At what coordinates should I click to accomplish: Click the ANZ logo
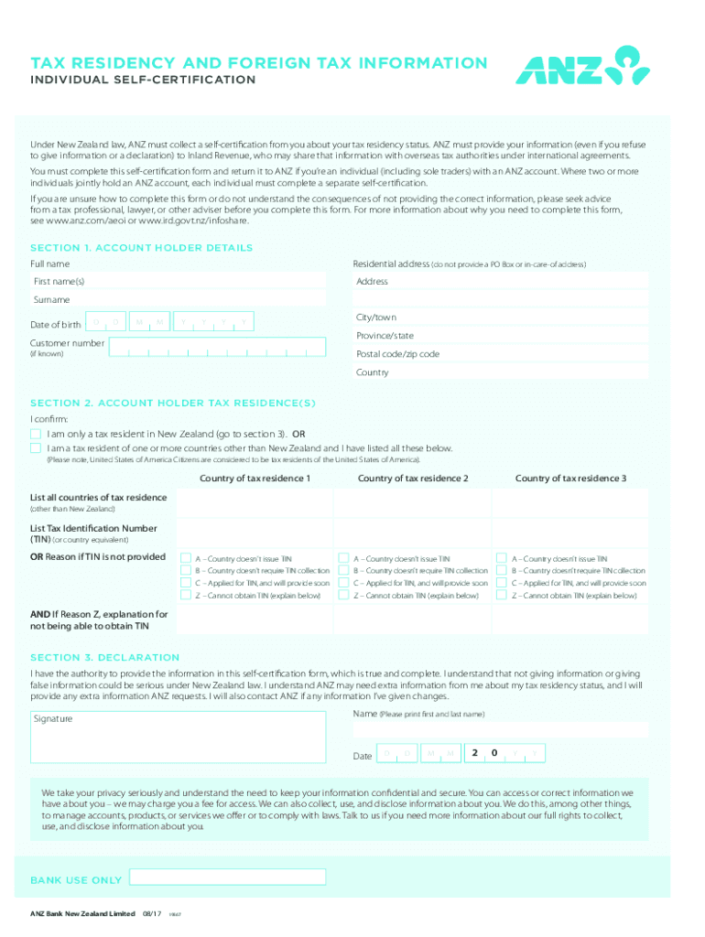(x=583, y=66)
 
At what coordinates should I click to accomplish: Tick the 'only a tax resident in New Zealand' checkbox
(x=36, y=433)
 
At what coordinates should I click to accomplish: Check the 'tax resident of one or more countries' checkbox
(x=36, y=448)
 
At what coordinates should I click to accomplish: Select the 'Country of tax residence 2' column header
(x=413, y=479)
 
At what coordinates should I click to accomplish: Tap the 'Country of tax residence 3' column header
(x=570, y=479)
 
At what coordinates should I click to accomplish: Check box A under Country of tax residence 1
(x=186, y=557)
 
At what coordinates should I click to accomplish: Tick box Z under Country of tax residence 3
(x=501, y=596)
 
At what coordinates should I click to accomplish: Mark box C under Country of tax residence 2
(x=343, y=583)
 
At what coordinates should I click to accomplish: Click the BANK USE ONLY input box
(x=227, y=877)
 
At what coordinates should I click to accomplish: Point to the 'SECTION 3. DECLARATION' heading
(x=105, y=657)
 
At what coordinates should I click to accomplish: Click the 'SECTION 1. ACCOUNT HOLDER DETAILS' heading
(x=141, y=248)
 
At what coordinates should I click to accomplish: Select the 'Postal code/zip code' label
(x=397, y=354)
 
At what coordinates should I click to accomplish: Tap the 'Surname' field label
(x=51, y=300)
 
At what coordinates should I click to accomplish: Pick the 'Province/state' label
(x=385, y=336)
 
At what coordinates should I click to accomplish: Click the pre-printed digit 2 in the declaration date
(x=474, y=753)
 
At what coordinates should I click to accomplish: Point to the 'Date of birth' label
(x=57, y=325)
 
